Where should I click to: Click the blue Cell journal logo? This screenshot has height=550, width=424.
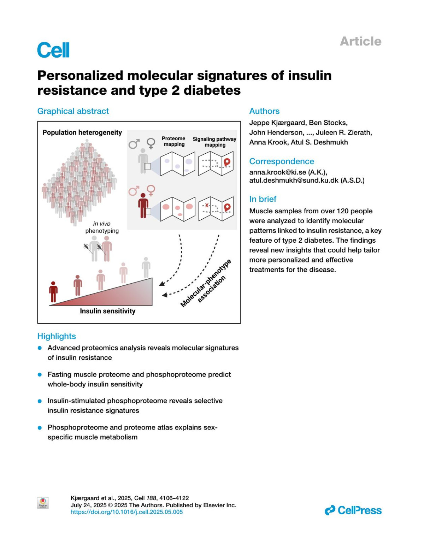pyautogui.click(x=53, y=50)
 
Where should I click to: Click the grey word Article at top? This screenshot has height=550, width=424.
pyautogui.click(x=360, y=41)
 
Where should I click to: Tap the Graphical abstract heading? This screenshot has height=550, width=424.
pyautogui.click(x=73, y=111)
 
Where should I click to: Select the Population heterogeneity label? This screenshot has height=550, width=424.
pyautogui.click(x=82, y=132)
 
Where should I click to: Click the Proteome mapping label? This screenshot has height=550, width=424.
pyautogui.click(x=174, y=141)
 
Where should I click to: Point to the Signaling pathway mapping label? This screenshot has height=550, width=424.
pyautogui.click(x=214, y=142)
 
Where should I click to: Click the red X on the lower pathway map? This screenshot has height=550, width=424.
pyautogui.click(x=207, y=206)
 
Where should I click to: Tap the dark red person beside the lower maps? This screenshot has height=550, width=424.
pyautogui.click(x=143, y=206)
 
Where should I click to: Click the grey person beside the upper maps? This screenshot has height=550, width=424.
pyautogui.click(x=143, y=161)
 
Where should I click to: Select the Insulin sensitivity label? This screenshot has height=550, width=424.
pyautogui.click(x=107, y=311)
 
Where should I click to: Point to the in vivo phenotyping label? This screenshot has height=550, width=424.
pyautogui.click(x=102, y=227)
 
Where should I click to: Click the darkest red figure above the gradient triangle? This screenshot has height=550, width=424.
pyautogui.click(x=53, y=292)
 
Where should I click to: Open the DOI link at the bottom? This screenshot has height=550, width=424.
pyautogui.click(x=126, y=512)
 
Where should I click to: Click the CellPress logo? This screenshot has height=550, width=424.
pyautogui.click(x=353, y=510)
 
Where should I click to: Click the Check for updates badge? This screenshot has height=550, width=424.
pyautogui.click(x=43, y=503)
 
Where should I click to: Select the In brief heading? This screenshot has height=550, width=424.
pyautogui.click(x=263, y=199)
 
